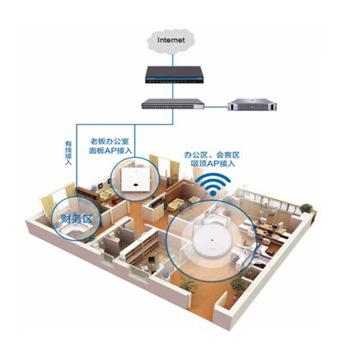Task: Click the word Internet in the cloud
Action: click(x=171, y=40)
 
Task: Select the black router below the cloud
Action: click(x=174, y=74)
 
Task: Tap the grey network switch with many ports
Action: click(x=173, y=104)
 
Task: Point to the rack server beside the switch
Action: click(x=252, y=105)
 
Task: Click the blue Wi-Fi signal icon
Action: click(x=213, y=185)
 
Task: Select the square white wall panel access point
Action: click(x=135, y=179)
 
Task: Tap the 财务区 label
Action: click(x=77, y=219)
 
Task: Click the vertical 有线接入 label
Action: click(x=69, y=153)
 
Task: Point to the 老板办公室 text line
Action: click(x=110, y=141)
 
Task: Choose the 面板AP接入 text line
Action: click(x=110, y=150)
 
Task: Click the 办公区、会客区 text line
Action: click(x=212, y=154)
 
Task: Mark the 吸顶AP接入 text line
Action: click(x=213, y=163)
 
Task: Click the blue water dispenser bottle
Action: click(x=166, y=274)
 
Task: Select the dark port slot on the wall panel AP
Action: click(x=135, y=185)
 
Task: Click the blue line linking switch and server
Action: click(x=216, y=107)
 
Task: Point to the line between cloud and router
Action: click(x=173, y=60)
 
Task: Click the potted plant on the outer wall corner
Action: click(x=306, y=208)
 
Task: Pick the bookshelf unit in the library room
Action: click(x=142, y=247)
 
